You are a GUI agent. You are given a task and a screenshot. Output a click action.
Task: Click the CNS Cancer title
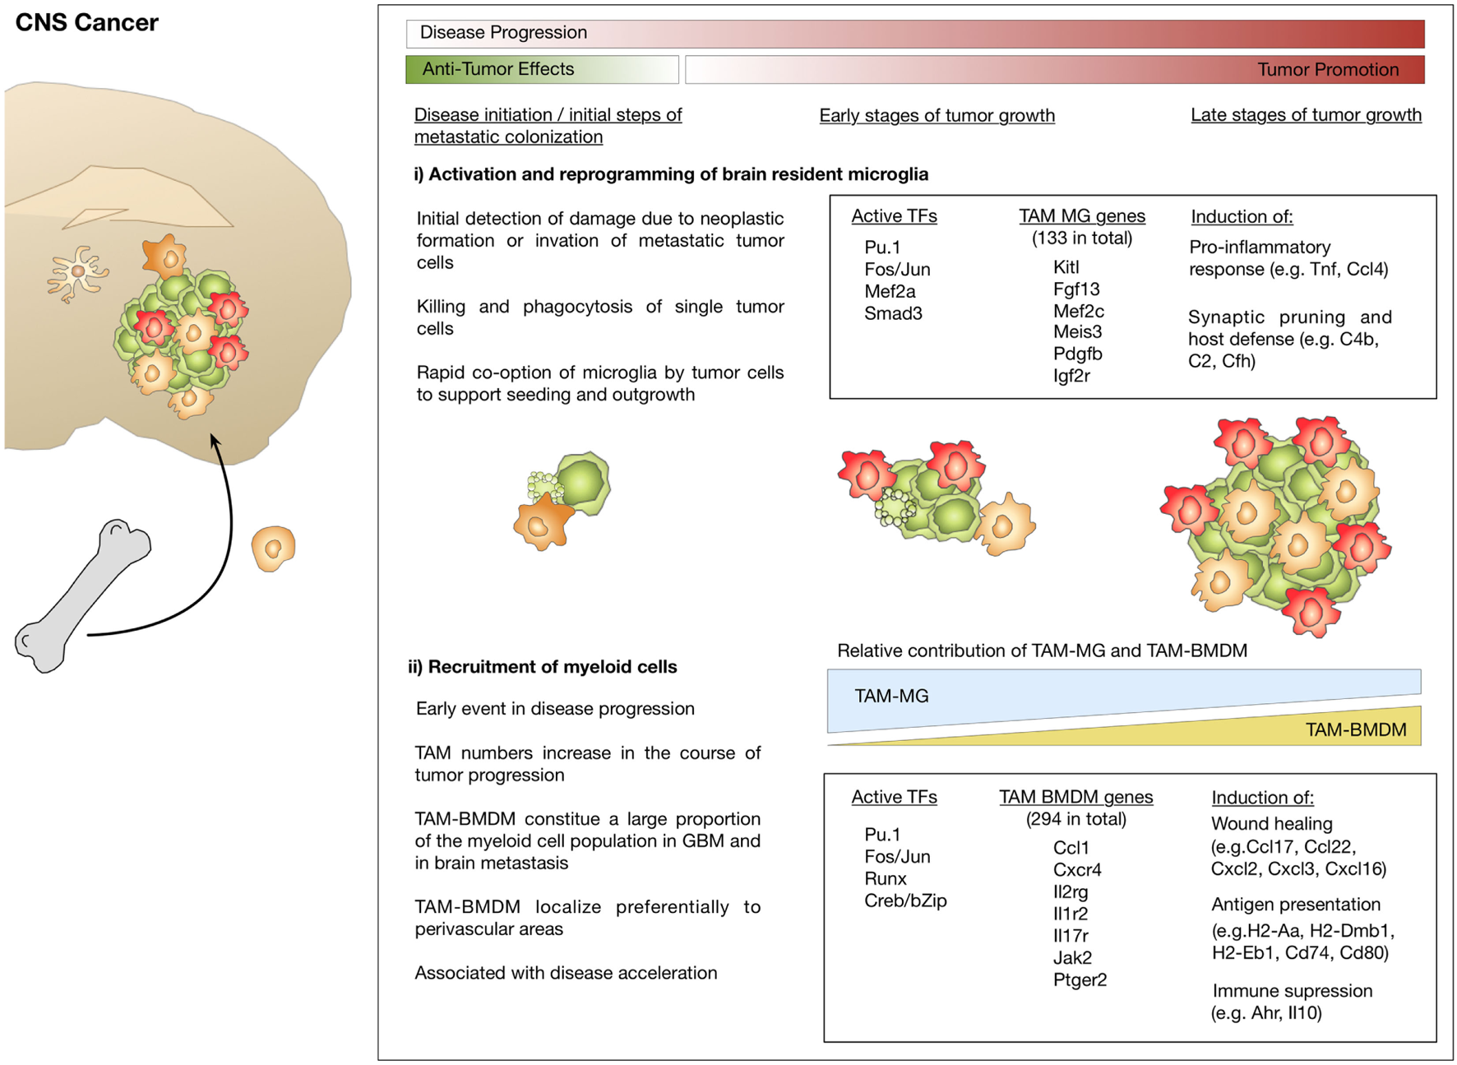point(86,22)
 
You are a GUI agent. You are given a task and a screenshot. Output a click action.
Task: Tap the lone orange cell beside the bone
point(273,548)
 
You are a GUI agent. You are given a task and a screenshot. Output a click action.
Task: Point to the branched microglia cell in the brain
point(77,272)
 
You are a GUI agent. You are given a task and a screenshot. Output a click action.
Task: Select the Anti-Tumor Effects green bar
point(541,70)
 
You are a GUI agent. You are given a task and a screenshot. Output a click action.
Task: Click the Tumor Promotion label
point(1327,70)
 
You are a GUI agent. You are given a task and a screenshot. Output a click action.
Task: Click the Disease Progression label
point(503,33)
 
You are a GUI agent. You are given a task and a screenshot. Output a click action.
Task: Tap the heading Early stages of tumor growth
point(937,115)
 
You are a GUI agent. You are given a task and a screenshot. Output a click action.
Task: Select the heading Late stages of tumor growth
point(1306,115)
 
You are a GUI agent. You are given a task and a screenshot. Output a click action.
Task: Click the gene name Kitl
point(1066,267)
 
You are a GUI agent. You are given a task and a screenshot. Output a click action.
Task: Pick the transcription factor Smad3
point(892,313)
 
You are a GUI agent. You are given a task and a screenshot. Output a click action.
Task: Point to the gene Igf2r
point(1071,376)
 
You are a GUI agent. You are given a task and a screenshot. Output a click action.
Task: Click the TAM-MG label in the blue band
point(891,697)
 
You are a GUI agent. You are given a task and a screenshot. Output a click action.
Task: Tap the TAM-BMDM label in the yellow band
point(1355,729)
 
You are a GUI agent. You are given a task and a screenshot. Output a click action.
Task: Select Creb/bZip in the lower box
point(905,901)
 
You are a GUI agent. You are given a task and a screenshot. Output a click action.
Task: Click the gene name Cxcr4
point(1076,869)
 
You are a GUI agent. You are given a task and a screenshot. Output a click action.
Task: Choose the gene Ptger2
point(1080,979)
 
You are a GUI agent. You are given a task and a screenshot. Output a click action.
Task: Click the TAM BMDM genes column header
point(1075,797)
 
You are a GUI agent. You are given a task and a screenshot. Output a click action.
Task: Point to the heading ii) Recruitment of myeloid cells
point(543,667)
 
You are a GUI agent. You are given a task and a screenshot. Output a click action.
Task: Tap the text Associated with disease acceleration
point(566,973)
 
